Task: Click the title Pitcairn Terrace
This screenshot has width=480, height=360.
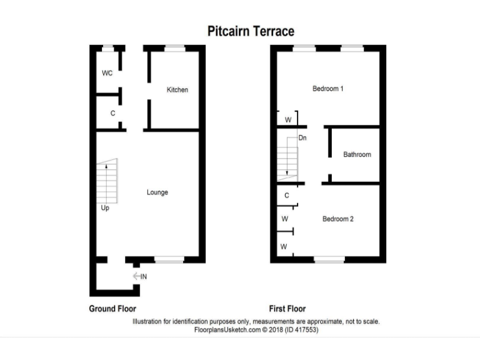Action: [x=251, y=31]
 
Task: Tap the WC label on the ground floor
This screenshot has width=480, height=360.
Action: [x=107, y=73]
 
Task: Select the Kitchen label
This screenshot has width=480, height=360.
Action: [x=177, y=90]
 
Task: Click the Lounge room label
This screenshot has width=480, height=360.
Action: [x=157, y=192]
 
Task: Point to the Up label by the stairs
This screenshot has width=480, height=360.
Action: [x=105, y=208]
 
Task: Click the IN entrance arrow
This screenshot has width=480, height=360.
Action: [x=139, y=276]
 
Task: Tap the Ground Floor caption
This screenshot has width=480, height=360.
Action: [x=112, y=309]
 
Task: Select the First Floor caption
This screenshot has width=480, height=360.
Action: [x=287, y=309]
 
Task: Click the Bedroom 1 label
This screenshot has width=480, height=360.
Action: [x=327, y=89]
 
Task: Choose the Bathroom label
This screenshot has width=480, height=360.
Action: [x=357, y=155]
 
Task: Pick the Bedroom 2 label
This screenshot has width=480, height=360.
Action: [x=338, y=219]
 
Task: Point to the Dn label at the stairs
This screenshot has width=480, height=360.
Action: [x=302, y=137]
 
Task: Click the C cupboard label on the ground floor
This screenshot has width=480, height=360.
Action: [x=112, y=114]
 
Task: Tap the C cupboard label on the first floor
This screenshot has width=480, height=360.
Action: [x=286, y=196]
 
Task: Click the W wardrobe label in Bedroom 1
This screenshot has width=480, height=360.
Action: [x=288, y=119]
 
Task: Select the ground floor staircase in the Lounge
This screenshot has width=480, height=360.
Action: [x=107, y=181]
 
